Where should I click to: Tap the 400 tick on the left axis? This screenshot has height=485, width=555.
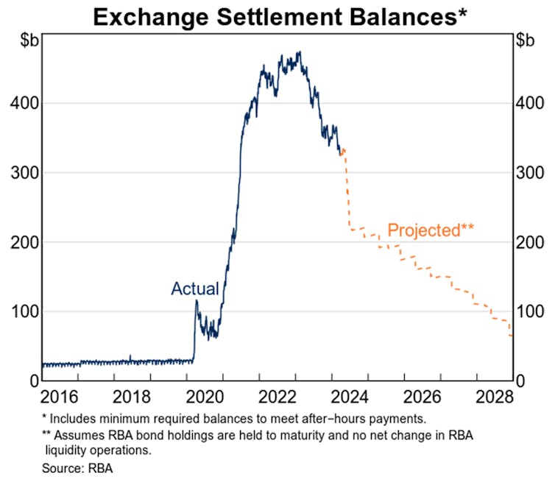coord(23,103)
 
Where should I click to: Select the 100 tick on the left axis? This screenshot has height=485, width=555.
coord(23,311)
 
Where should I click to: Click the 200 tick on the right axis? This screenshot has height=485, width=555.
coord(532,242)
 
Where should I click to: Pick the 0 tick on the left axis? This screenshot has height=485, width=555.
coord(33,381)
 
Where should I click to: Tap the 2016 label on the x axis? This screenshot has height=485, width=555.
coord(60,398)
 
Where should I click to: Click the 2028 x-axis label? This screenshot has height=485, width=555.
coord(494,398)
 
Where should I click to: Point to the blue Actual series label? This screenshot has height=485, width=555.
coord(195,289)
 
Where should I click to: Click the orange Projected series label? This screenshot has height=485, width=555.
coord(431,230)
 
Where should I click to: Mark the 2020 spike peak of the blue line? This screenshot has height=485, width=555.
coord(197,300)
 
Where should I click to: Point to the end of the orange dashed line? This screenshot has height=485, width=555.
coord(512,336)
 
